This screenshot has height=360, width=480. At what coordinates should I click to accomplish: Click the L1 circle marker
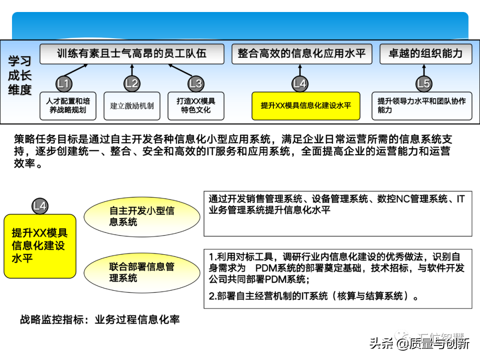pyautogui.click(x=64, y=84)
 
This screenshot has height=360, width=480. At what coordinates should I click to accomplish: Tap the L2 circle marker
pyautogui.click(x=132, y=84)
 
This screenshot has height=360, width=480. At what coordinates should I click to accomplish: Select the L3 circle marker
pyautogui.click(x=196, y=84)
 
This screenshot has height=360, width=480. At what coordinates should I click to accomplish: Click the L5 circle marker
pyautogui.click(x=424, y=84)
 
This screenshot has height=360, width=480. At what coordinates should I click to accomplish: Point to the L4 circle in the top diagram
pyautogui.click(x=300, y=84)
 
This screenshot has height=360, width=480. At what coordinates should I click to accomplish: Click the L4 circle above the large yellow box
pyautogui.click(x=40, y=206)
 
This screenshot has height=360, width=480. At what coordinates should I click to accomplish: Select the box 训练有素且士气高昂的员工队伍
pyautogui.click(x=132, y=54)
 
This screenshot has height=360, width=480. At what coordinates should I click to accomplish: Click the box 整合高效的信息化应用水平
pyautogui.click(x=301, y=54)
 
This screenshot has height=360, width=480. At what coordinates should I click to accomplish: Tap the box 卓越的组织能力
pyautogui.click(x=425, y=54)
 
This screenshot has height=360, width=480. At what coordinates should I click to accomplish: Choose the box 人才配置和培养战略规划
pyautogui.click(x=68, y=106)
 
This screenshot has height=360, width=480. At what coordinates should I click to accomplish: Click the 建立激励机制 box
pyautogui.click(x=132, y=106)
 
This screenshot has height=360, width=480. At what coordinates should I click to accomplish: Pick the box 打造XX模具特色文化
pyautogui.click(x=196, y=106)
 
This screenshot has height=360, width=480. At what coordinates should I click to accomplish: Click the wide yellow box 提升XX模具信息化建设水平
pyautogui.click(x=306, y=106)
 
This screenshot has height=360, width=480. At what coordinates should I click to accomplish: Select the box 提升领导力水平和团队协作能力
pyautogui.click(x=421, y=106)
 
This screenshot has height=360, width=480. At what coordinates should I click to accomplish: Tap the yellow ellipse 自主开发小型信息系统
pyautogui.click(x=142, y=216)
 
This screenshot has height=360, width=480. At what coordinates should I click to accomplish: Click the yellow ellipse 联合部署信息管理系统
pyautogui.click(x=142, y=272)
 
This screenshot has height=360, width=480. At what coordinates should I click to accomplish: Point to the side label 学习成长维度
pyautogui.click(x=20, y=76)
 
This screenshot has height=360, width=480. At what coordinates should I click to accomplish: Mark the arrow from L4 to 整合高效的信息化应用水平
pyautogui.click(x=300, y=71)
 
